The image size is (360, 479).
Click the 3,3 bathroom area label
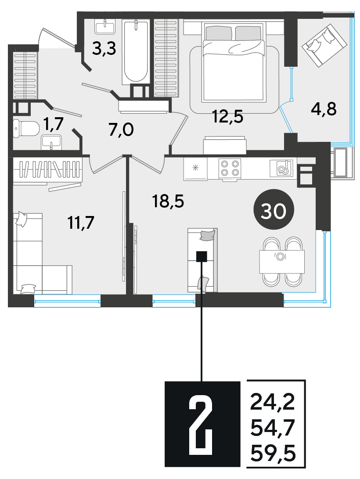pos(104,48)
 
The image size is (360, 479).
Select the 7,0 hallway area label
pos(121,130)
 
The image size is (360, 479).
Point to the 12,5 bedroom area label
pos(228,116)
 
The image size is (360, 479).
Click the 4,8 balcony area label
pos(324,109)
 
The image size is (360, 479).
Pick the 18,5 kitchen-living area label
pos(168,202)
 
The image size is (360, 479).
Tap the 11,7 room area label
pos(81,223)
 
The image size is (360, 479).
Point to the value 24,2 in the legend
pos(273,402)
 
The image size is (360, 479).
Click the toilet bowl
pos(26,129)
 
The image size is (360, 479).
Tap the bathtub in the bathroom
pos(136,52)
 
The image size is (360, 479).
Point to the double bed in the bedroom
pos(233,62)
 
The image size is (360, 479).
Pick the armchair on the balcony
pos(324,46)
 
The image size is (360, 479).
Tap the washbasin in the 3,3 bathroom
pos(105,27)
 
